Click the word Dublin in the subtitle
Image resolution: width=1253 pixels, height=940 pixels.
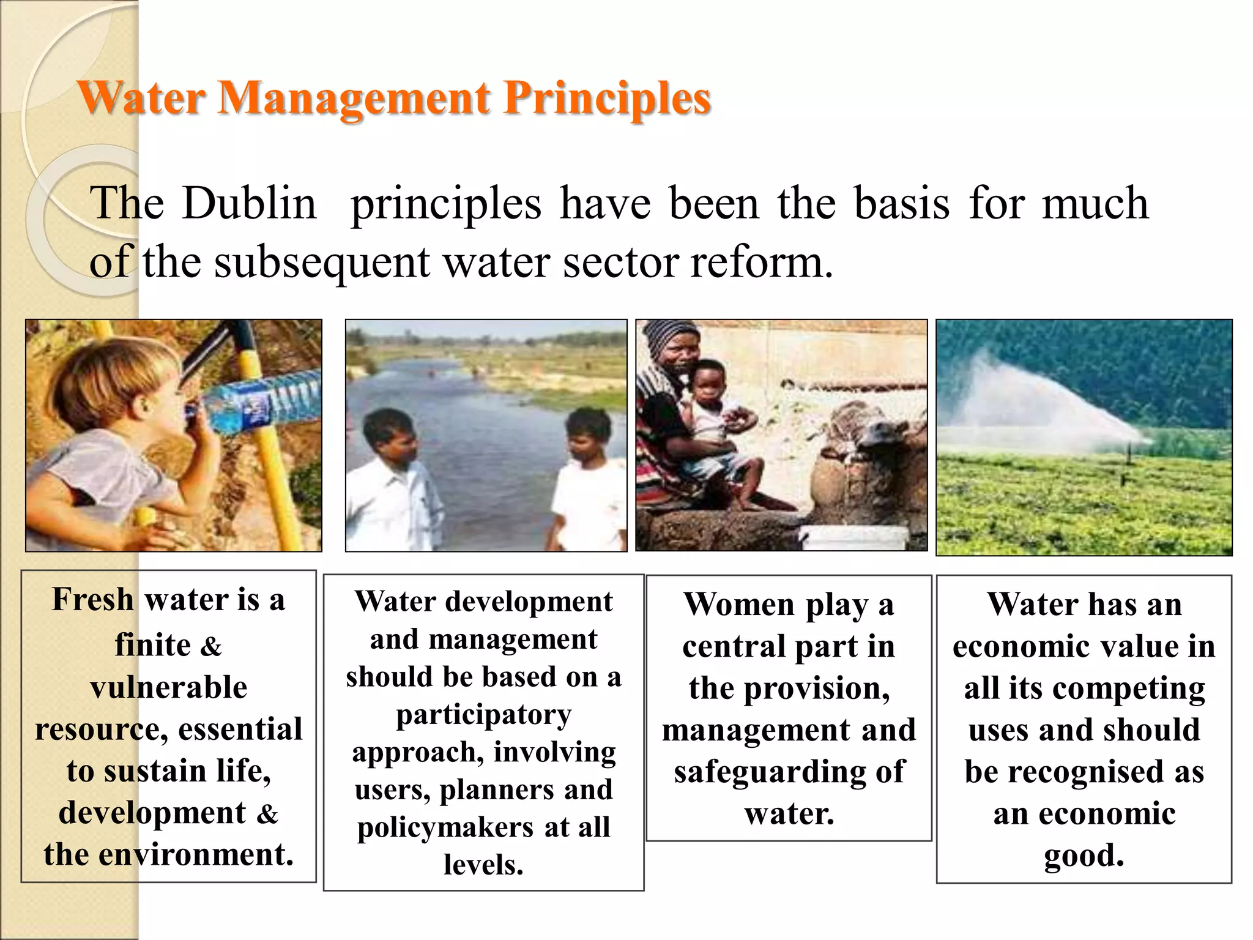[x=250, y=203]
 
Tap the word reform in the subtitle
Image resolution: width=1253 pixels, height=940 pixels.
[x=761, y=262]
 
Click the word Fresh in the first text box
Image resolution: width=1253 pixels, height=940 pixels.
[x=92, y=599]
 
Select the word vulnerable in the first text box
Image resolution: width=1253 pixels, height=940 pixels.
[x=169, y=687]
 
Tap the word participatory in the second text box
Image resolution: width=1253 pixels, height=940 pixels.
[x=483, y=715]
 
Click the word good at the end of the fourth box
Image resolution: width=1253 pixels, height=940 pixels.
[x=1084, y=855]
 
